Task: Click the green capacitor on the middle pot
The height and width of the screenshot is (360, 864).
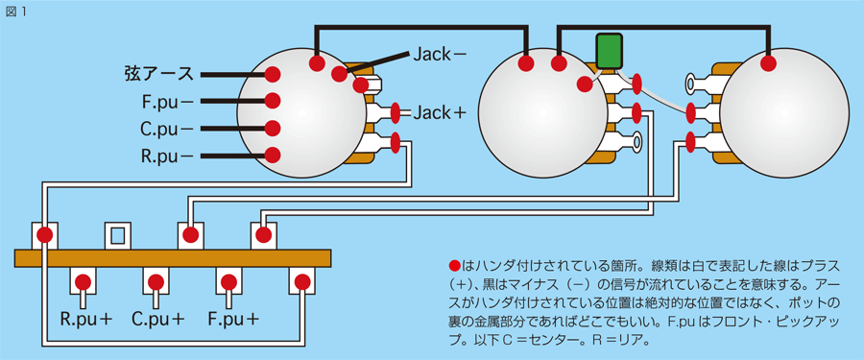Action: point(607,51)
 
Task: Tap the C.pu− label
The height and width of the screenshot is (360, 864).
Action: point(166,128)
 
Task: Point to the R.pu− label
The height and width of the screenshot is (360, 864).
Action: point(166,155)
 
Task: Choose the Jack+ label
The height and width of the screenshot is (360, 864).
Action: point(440,113)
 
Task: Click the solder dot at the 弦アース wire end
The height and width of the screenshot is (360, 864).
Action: point(273,74)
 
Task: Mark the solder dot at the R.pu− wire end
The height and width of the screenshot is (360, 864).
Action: point(273,155)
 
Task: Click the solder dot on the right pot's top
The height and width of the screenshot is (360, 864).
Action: point(768,63)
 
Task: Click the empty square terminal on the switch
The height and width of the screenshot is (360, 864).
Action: point(117,235)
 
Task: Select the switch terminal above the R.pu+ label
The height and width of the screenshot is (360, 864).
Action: point(83,281)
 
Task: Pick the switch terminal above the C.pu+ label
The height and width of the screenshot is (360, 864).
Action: point(156,281)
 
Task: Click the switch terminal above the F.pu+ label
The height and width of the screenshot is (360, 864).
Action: point(229,281)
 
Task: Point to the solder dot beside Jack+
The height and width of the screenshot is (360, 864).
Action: point(396,113)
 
